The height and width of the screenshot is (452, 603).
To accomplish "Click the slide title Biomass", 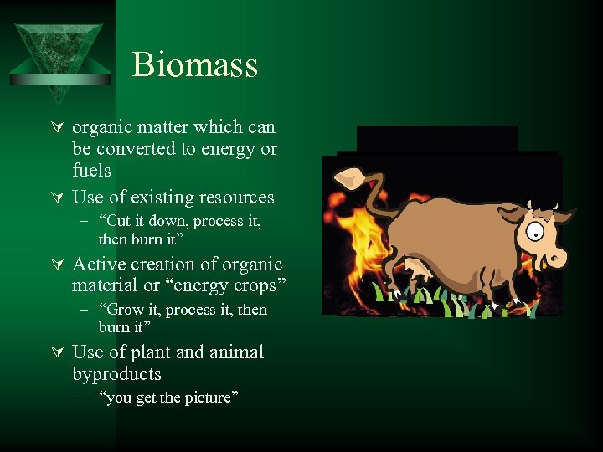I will pyautogui.click(x=194, y=64).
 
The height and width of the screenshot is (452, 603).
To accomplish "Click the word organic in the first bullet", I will pyautogui.click(x=101, y=127).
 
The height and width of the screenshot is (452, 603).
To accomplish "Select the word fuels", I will pyautogui.click(x=91, y=171).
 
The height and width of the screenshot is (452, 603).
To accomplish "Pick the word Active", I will pyautogui.click(x=99, y=265).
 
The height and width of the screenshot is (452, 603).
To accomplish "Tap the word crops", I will pyautogui.click(x=255, y=286).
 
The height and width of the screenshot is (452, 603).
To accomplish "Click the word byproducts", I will pyautogui.click(x=116, y=374).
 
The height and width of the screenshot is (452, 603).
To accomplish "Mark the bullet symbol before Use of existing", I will pyautogui.click(x=58, y=198).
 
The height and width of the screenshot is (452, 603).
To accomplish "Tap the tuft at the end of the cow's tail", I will pyautogui.click(x=347, y=177).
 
